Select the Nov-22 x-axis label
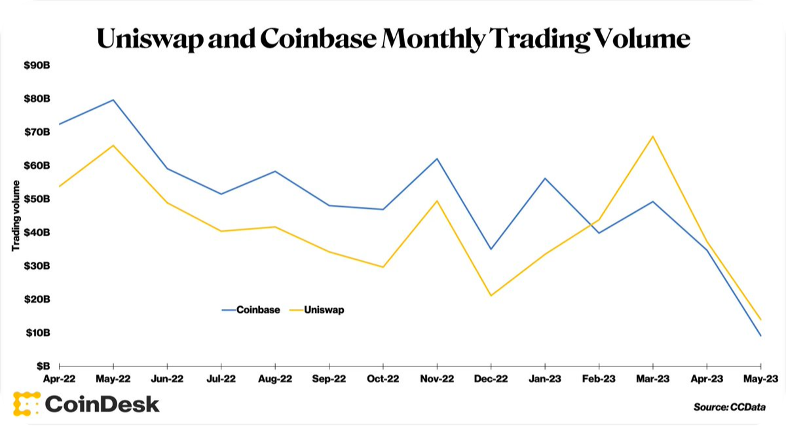[x=437, y=378]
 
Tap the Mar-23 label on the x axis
[x=652, y=378]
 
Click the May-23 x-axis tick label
[x=760, y=378]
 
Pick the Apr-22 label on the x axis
[x=60, y=378]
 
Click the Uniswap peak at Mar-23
[x=653, y=136]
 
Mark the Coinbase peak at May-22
[x=113, y=100]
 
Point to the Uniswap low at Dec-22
[x=491, y=296]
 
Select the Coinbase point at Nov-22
[x=437, y=158]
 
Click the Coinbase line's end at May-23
[x=760, y=336]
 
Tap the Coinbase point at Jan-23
[x=545, y=178]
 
